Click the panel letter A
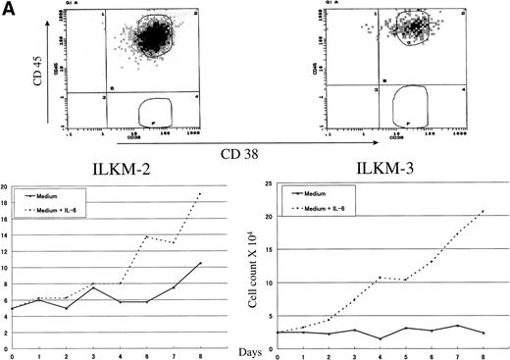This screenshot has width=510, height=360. (9, 11)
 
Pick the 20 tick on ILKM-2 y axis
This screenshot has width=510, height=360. (5, 185)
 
